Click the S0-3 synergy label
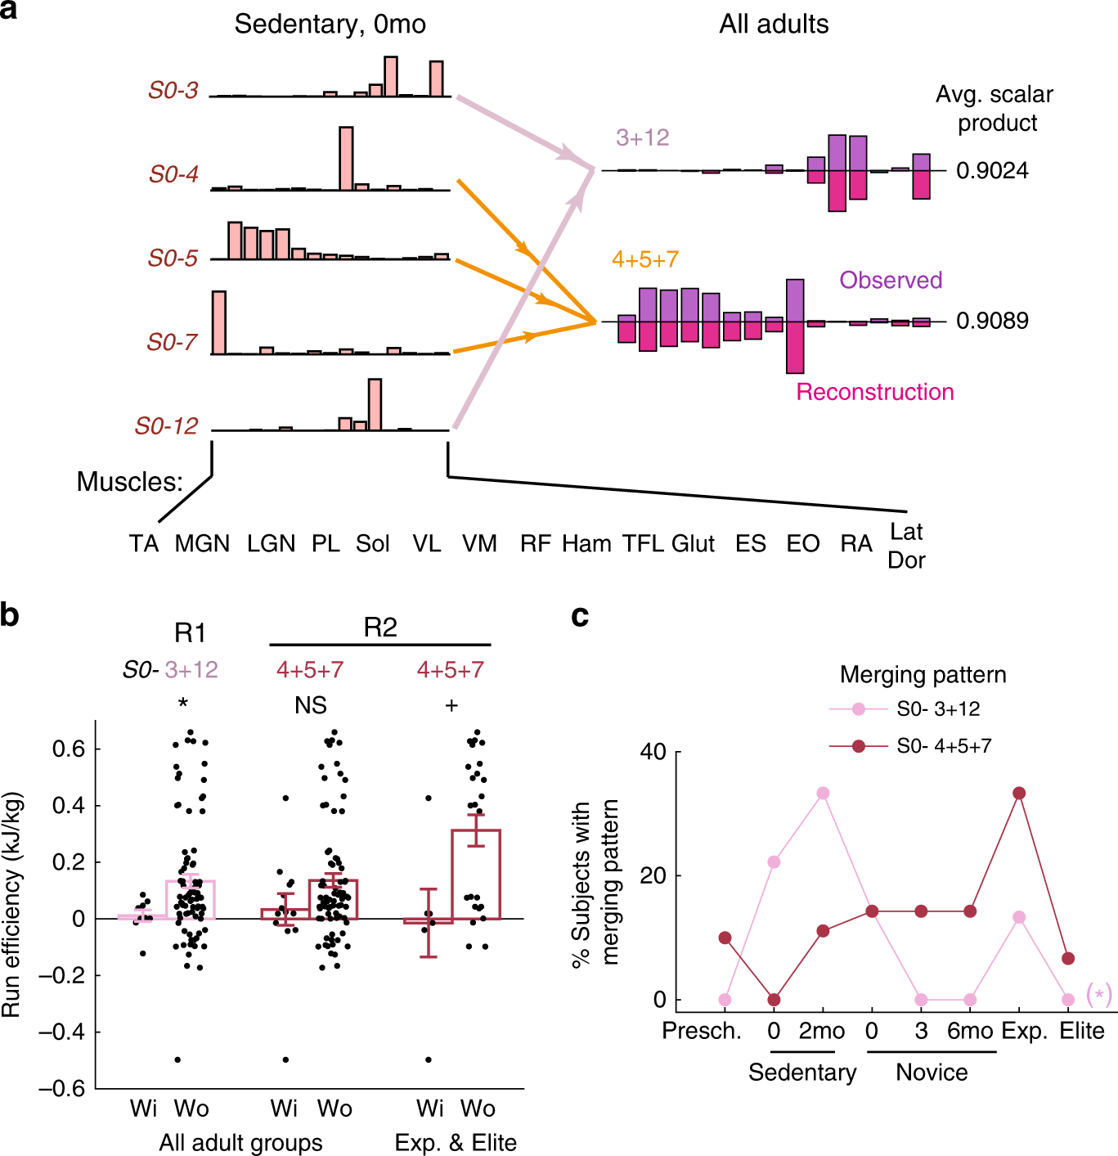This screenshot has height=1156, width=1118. pyautogui.click(x=173, y=90)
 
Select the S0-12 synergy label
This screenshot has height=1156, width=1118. pyautogui.click(x=167, y=426)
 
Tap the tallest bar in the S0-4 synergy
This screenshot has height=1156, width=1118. pyautogui.click(x=346, y=158)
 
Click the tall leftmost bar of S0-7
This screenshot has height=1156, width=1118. pyautogui.click(x=218, y=322)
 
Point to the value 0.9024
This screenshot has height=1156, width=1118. pyautogui.click(x=992, y=171)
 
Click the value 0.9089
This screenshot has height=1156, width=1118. pyautogui.click(x=992, y=321)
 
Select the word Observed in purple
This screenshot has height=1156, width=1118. pyautogui.click(x=891, y=281)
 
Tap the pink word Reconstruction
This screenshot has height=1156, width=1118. pyautogui.click(x=875, y=393)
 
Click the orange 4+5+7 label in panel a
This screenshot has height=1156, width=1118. pyautogui.click(x=645, y=260)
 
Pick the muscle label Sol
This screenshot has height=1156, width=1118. pyautogui.click(x=372, y=544)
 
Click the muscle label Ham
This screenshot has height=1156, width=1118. pyautogui.click(x=586, y=544)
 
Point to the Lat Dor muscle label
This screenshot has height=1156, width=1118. pyautogui.click(x=906, y=546)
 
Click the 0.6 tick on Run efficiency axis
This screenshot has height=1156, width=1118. pyautogui.click(x=69, y=749)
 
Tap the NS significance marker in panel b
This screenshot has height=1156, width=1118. pyautogui.click(x=310, y=705)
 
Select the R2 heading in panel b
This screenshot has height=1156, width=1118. pyautogui.click(x=380, y=627)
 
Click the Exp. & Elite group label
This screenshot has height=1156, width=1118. pyautogui.click(x=456, y=1143)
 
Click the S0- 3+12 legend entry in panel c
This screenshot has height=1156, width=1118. pyautogui.click(x=938, y=709)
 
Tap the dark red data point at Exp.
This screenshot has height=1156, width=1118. pyautogui.click(x=1019, y=794)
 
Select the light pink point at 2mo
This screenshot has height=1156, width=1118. pyautogui.click(x=823, y=794)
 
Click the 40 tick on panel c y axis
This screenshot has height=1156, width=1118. pyautogui.click(x=653, y=752)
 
